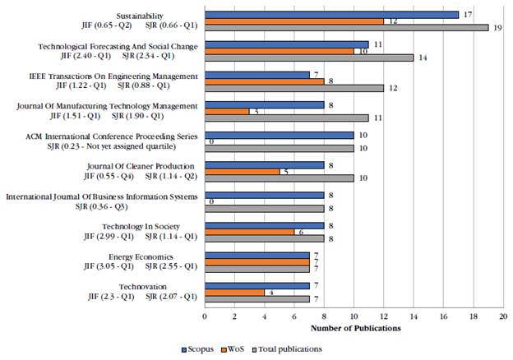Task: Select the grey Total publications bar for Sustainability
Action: click(x=346, y=27)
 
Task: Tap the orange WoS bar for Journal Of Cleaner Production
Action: click(x=243, y=171)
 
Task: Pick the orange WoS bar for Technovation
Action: click(x=235, y=292)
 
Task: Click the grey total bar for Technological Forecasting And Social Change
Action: click(x=309, y=58)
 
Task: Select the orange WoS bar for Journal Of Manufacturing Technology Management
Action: click(x=227, y=111)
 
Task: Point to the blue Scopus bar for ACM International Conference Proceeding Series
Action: click(x=280, y=134)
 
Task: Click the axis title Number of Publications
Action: click(x=354, y=329)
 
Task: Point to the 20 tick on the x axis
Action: click(x=503, y=316)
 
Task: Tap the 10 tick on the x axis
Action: click(x=354, y=316)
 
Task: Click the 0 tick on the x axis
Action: click(x=205, y=316)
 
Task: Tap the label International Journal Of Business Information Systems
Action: click(x=102, y=196)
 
